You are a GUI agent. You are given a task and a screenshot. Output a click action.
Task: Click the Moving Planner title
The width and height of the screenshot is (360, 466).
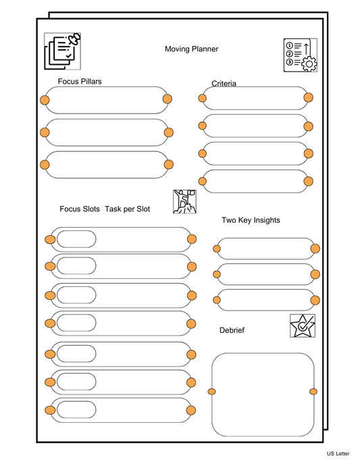191,49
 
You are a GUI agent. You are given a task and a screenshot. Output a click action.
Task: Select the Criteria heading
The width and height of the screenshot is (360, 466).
224,84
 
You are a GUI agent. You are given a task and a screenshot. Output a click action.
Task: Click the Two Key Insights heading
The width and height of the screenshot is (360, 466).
251,220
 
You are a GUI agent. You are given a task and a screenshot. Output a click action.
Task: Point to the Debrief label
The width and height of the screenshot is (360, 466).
232,330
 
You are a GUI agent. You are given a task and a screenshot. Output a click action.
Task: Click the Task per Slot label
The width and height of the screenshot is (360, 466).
127,209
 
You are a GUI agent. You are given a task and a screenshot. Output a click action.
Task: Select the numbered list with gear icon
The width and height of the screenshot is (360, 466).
300,55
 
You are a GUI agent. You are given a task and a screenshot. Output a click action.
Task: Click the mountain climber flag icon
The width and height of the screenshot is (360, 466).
184,201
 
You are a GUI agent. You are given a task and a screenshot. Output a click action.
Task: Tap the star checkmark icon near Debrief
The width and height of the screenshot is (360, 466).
302,326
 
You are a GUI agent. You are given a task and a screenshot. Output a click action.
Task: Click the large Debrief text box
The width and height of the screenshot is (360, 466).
263,392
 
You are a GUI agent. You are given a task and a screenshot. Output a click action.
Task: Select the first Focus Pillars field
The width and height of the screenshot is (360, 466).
106,100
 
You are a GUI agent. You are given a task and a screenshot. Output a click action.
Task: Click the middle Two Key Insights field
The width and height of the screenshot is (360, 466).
265,274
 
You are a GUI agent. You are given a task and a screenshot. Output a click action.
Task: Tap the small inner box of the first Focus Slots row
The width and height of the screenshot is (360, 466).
76,239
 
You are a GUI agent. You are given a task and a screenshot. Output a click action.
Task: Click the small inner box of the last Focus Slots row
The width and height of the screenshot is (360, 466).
76,410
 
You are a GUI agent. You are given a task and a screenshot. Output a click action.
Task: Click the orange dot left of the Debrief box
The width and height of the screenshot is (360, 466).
211,392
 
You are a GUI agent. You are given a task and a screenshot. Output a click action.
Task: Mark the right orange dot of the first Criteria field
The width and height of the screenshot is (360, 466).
308,98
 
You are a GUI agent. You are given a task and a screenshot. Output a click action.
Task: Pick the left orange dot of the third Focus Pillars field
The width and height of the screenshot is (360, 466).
45,165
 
